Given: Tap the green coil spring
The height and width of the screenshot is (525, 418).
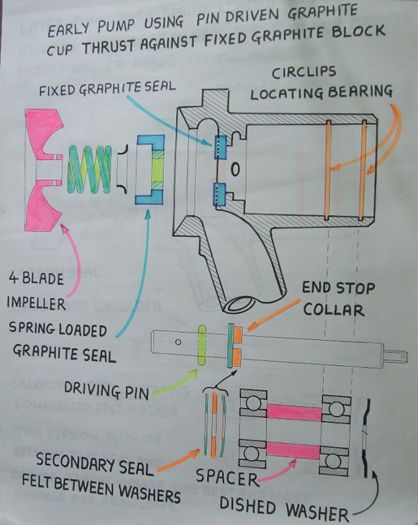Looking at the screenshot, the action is click(x=90, y=170).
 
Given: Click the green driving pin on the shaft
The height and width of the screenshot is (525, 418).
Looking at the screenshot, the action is click(x=201, y=345).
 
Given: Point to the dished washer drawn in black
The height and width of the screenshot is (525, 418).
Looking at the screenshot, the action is click(x=368, y=438).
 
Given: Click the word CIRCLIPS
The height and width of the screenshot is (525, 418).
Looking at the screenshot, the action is click(x=304, y=72).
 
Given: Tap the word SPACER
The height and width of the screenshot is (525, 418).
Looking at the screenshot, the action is click(x=227, y=477).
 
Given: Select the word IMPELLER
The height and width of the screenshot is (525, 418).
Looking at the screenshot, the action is click(x=37, y=303).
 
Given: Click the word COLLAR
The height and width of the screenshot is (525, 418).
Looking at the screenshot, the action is click(x=334, y=309).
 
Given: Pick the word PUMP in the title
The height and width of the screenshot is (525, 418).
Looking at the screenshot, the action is click(x=116, y=25).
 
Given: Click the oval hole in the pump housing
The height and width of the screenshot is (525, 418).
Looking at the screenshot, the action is click(x=235, y=169).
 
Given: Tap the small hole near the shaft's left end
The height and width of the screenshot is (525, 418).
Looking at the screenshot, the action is click(x=179, y=342).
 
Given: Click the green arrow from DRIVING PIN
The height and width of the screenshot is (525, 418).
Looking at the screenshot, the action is click(x=175, y=383).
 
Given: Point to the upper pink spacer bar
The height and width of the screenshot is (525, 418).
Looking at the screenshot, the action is click(x=294, y=412).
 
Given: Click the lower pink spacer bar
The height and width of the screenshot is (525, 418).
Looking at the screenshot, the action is click(x=293, y=450).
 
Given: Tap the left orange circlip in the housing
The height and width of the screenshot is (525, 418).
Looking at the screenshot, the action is click(x=328, y=170).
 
